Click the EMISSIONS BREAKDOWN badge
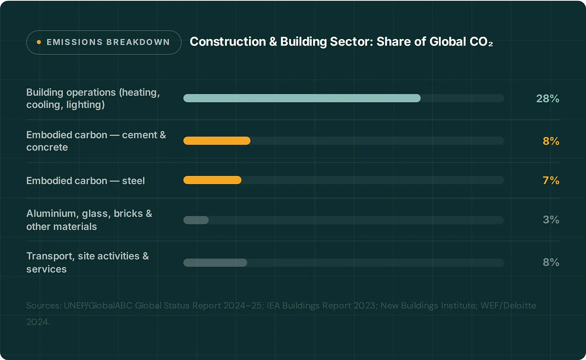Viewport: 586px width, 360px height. coord(103,42)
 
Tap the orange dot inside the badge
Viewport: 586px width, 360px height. coord(39,42)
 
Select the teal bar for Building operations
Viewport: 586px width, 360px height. coord(302,98)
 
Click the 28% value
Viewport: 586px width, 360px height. coord(547,99)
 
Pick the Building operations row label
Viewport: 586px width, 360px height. coord(93,98)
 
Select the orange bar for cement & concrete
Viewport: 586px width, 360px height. coord(217,141)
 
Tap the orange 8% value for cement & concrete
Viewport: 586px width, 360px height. coord(551,141)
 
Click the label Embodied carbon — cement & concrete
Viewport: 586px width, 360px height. coord(96,141)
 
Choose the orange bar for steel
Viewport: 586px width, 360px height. coord(212,180)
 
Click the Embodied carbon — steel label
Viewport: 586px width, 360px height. coord(85,181)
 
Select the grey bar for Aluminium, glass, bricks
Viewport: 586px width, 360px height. coord(196,220)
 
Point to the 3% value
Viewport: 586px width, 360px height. coord(551,220)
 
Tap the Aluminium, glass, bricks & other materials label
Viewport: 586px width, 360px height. coord(89,220)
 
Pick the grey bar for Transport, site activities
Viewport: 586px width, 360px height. coord(215,263)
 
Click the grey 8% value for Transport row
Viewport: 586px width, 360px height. coord(551,262)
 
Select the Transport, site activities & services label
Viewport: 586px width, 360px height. coord(87,262)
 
